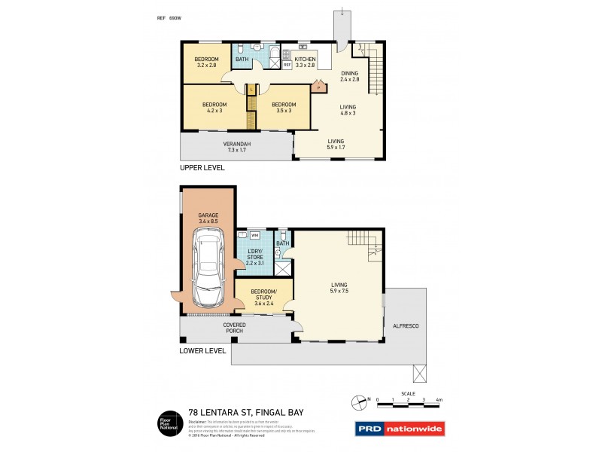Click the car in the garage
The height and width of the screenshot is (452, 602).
pos(207,267)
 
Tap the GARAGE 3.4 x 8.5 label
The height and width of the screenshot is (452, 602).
pos(208,218)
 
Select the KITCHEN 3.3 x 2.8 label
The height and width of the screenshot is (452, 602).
pos(305,62)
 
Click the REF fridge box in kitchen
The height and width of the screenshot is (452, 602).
pos(287,65)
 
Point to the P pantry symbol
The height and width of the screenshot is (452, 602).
pos(318,87)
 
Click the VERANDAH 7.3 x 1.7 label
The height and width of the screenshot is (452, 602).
pos(236,147)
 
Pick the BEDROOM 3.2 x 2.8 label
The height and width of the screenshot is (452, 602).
pos(206,63)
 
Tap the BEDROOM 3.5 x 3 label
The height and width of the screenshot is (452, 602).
pos(284,107)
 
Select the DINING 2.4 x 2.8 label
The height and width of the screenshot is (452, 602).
pos(350,76)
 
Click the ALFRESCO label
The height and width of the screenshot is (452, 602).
pos(405,325)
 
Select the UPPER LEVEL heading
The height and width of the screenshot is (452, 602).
pos(202,167)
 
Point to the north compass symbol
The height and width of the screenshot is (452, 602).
pos(360,400)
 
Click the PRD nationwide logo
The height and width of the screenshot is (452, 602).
pos(399,429)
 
